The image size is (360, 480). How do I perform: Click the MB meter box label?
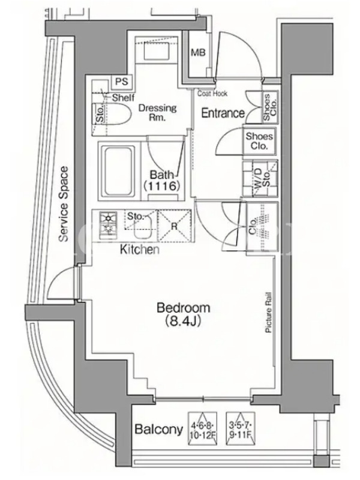tap(199, 53)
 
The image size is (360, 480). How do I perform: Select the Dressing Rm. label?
tap(157, 112)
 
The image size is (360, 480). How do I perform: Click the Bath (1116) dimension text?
tap(161, 181)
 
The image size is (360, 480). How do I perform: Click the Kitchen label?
tap(140, 250)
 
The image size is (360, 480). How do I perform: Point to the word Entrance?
tap(223, 113)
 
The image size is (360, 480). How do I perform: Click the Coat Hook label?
tap(212, 94)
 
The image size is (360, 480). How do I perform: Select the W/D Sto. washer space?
tap(260, 178)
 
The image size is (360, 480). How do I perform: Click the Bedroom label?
tap(183, 308)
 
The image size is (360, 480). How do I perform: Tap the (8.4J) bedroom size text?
tap(183, 322)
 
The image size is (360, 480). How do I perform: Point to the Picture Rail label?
tap(269, 313)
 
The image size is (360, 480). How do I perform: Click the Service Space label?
tap(64, 204)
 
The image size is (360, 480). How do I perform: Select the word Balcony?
tap(159, 430)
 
